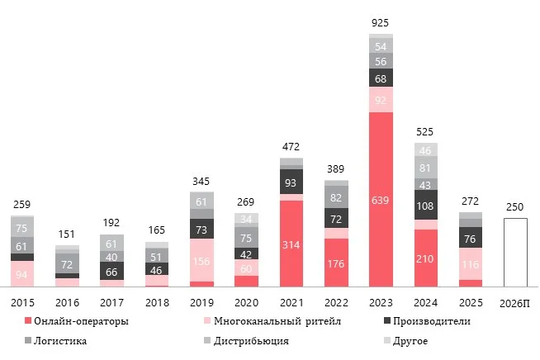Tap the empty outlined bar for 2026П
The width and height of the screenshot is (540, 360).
[515, 253]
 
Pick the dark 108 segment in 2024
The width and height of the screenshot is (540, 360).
[426, 205]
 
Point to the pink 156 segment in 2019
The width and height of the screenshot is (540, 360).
[201, 260]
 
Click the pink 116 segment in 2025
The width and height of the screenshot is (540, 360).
[471, 264]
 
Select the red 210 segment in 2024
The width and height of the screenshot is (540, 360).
[426, 258]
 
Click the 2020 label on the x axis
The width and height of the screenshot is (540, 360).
[246, 304]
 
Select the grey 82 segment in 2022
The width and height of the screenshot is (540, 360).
[336, 197]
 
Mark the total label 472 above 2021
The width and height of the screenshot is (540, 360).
[291, 147]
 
